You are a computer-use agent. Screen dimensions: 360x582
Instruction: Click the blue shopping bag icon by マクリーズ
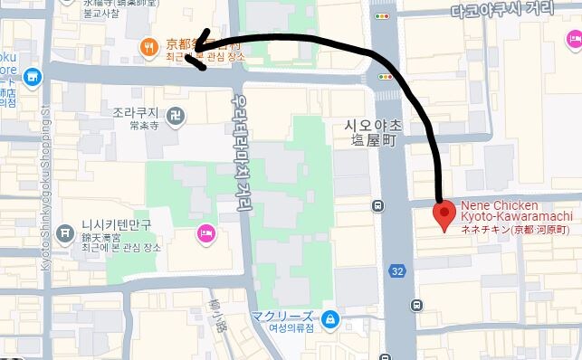330,317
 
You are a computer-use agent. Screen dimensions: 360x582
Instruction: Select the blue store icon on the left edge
32,79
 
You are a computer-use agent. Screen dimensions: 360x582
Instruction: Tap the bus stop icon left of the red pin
377,205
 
